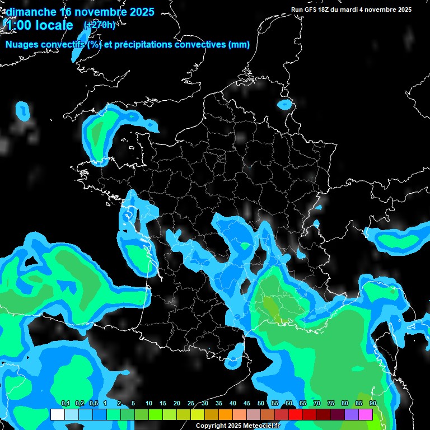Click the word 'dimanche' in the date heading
click(31, 12)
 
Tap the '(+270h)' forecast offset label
click(99, 25)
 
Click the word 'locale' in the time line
click(53, 25)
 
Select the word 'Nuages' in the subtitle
click(23, 45)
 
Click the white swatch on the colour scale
click(57, 414)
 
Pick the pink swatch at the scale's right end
click(366, 414)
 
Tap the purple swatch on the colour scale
click(352, 414)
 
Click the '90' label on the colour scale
click(373, 403)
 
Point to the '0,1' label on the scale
click(66, 403)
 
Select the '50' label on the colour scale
click(261, 403)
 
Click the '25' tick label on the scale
click(191, 403)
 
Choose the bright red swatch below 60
click(296, 414)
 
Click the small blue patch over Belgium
click(285, 104)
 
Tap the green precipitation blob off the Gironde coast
click(136, 255)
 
